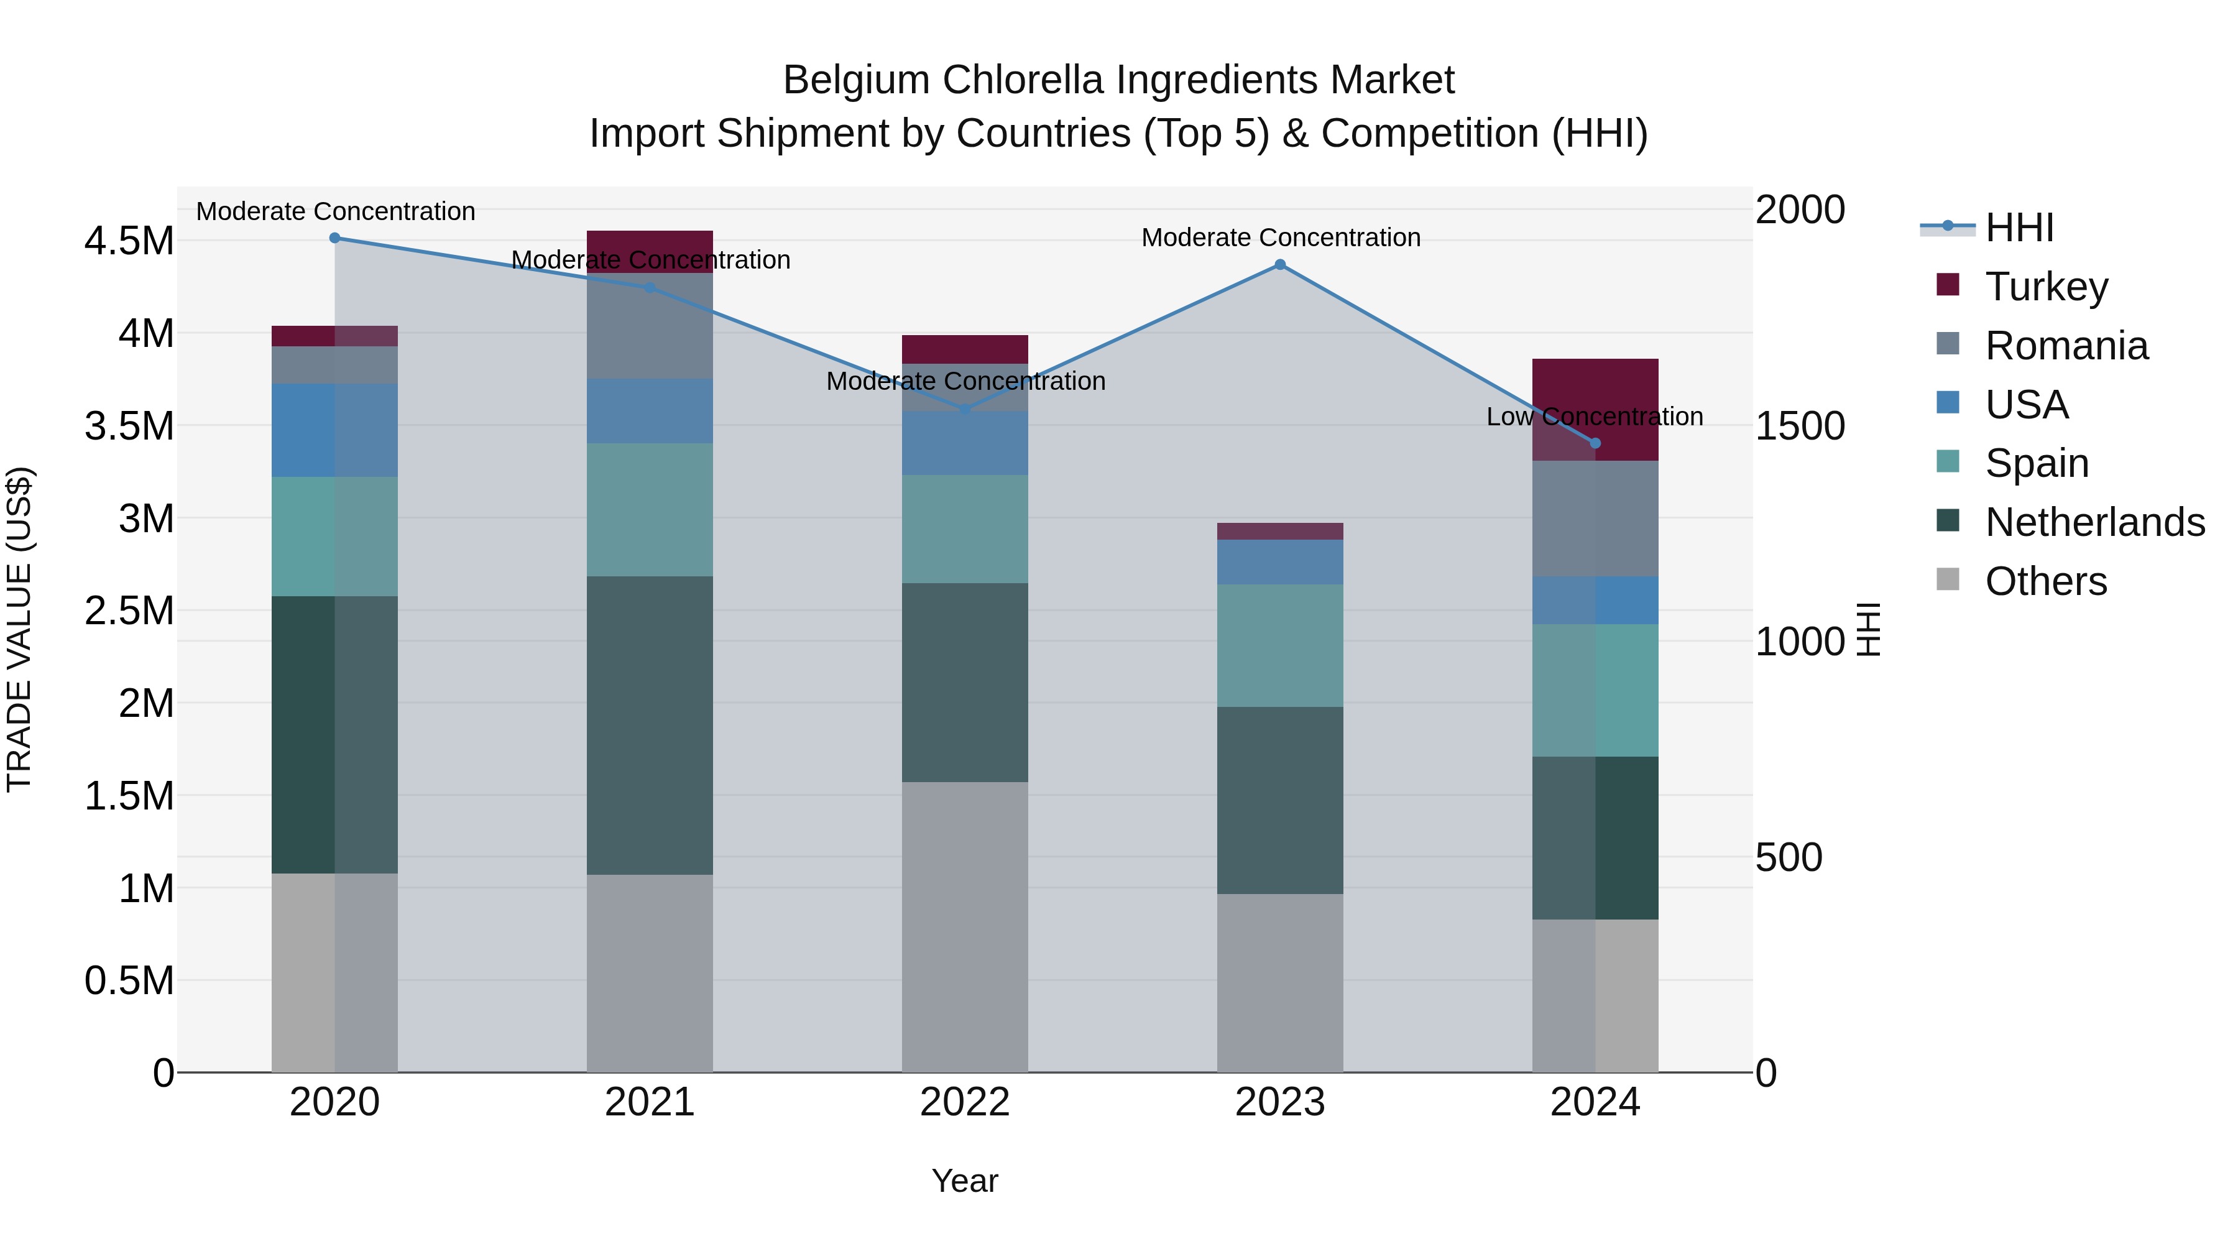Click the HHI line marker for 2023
point(1280,265)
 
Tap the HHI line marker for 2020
point(334,238)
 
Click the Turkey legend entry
point(2045,287)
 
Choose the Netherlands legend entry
point(2094,522)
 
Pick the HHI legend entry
point(2017,228)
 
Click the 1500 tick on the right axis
point(1799,426)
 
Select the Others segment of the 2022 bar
point(964,926)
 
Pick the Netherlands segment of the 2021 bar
point(650,725)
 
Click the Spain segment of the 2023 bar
point(1280,645)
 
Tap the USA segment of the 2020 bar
point(334,430)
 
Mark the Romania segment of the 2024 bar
point(1595,519)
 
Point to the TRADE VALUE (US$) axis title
point(19,629)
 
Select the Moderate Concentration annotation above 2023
point(1281,238)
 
